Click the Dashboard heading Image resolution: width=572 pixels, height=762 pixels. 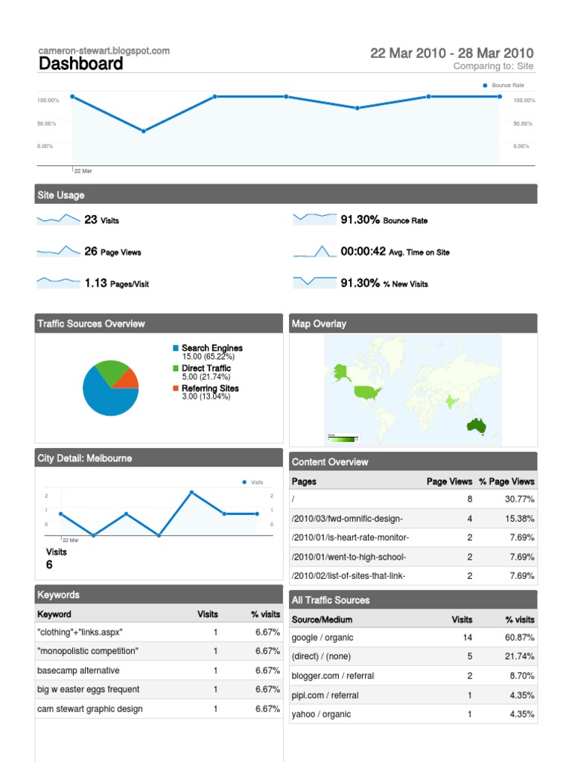pos(80,64)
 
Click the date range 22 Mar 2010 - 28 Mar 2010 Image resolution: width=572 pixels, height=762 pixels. pos(451,53)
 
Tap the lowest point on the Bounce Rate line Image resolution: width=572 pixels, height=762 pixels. pos(144,131)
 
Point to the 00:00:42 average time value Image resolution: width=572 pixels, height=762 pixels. pos(363,252)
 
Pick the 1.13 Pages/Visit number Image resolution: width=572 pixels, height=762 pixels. pos(95,283)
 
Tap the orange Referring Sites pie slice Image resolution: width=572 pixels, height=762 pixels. pos(129,379)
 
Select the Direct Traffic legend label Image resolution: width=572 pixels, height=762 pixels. pos(206,368)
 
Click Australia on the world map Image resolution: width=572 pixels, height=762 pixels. pos(477,426)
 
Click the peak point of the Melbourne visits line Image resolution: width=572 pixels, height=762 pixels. pos(191,493)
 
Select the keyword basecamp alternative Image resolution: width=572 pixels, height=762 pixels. pos(78,670)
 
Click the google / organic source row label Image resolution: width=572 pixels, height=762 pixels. pos(322,638)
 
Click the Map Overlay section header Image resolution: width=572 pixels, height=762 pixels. pos(319,324)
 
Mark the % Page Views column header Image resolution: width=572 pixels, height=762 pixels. pos(506,481)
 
